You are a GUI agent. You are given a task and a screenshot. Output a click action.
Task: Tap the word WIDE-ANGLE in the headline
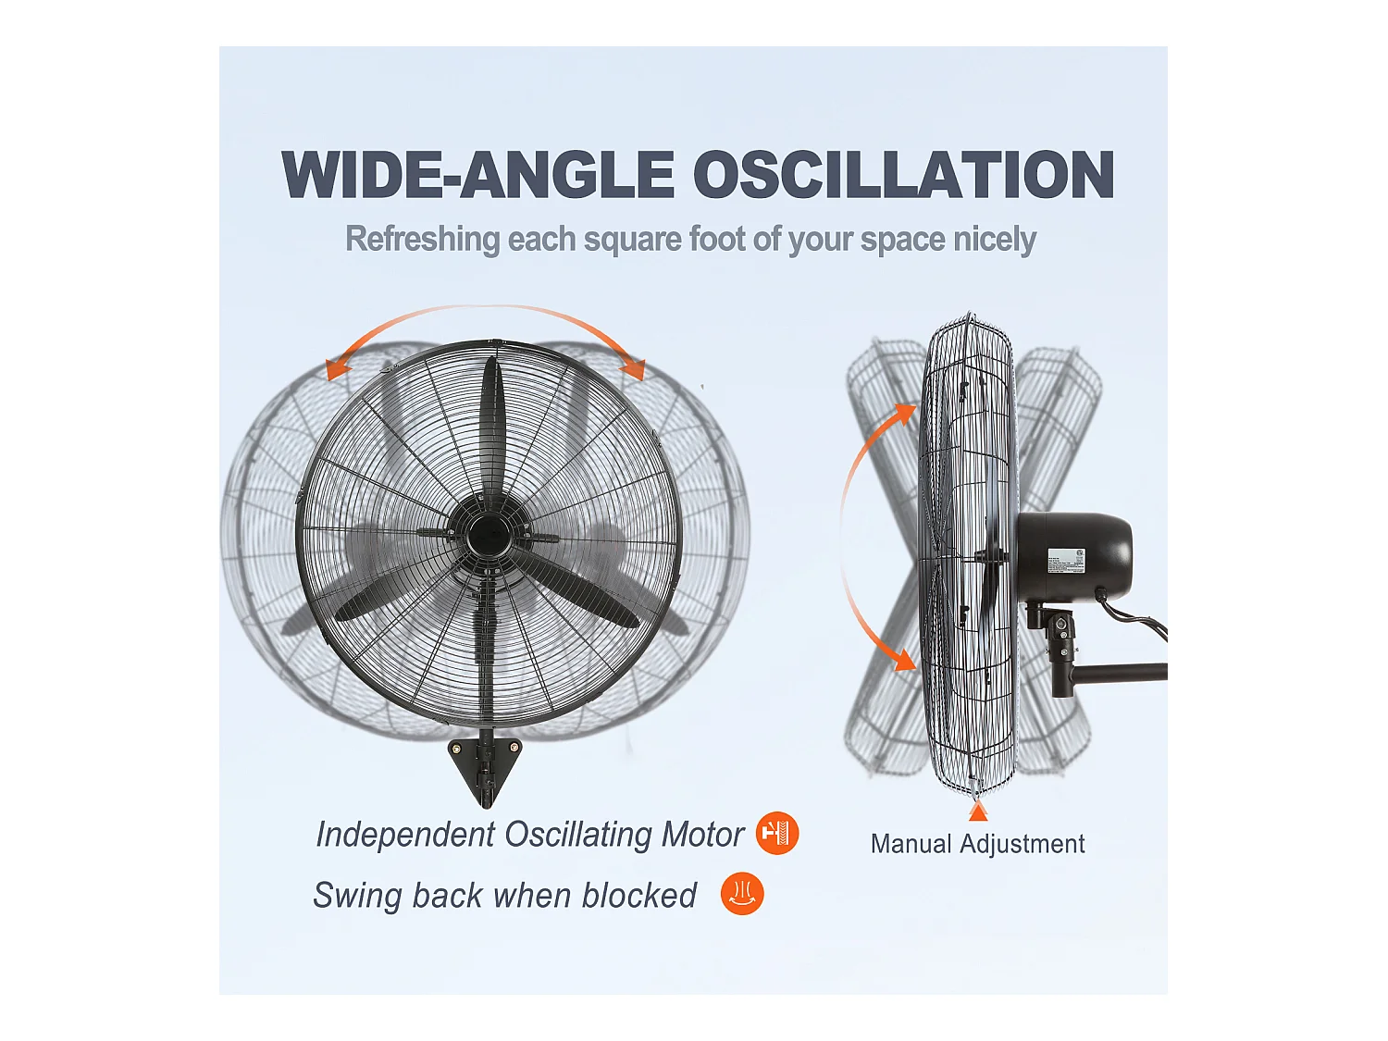(477, 175)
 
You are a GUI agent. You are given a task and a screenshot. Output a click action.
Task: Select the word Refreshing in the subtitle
(422, 239)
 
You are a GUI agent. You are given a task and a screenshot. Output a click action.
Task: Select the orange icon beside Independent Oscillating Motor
(777, 834)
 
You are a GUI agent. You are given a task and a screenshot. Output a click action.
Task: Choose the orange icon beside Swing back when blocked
(742, 894)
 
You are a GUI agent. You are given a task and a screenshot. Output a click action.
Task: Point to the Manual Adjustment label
(977, 844)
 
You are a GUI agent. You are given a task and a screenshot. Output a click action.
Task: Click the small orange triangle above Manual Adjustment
(978, 812)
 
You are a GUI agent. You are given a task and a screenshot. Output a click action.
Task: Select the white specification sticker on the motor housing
(1065, 561)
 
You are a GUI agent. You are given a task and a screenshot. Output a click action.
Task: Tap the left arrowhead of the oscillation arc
(338, 369)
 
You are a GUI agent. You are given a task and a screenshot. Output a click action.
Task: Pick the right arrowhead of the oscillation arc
(634, 369)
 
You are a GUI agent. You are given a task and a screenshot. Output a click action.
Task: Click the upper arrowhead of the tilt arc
(903, 412)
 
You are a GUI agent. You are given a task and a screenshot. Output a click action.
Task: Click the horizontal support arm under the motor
(1120, 673)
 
